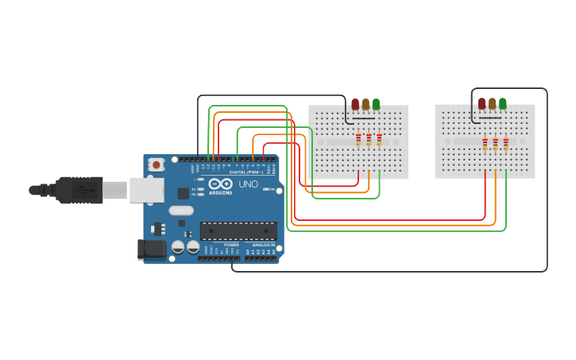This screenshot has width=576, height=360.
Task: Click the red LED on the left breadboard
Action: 355,104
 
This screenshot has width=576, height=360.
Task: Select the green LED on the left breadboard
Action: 376,104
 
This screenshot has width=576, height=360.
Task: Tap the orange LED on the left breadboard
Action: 365,104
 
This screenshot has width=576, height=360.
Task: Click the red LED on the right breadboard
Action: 481,103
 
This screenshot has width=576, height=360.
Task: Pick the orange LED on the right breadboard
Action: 492,103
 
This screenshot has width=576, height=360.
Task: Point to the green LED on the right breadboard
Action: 502,103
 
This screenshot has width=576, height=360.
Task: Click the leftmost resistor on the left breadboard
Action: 358,140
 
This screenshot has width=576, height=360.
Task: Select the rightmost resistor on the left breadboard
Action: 379,140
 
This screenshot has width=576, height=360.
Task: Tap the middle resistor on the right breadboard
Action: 495,144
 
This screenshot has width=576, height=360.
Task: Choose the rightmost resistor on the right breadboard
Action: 505,144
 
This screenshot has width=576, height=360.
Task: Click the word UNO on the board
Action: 248,184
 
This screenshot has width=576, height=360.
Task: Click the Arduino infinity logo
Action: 220,184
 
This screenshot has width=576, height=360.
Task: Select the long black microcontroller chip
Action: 238,231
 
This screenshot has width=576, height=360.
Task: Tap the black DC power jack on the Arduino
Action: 152,250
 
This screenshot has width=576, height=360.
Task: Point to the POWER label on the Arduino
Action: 231,245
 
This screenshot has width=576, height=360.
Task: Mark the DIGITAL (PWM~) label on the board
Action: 245,172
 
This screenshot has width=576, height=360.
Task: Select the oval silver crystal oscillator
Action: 180,211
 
